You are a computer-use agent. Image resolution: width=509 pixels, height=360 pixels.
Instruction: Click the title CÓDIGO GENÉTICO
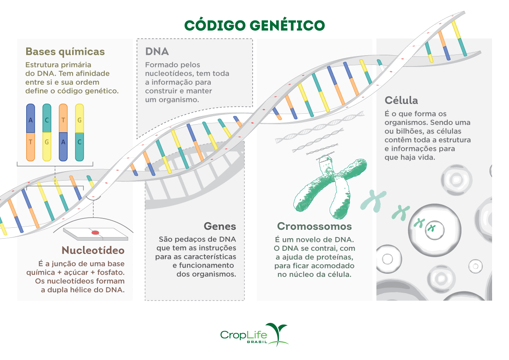pos(254,25)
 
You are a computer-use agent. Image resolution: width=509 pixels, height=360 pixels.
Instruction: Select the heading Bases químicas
pos(65,52)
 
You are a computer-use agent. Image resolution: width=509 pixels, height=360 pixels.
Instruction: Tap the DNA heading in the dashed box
pos(157,52)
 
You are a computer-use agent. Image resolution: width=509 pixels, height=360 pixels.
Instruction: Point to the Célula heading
pos(401,100)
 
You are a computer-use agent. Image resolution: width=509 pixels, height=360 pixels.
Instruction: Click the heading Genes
pos(220,226)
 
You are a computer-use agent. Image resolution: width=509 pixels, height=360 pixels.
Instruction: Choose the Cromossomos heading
pos(314,226)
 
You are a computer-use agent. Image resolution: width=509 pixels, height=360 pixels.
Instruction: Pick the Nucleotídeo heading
pos(93,250)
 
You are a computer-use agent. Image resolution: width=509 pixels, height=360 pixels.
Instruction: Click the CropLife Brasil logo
pos(254,335)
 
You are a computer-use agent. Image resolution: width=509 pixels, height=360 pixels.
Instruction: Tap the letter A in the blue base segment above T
pos(31,120)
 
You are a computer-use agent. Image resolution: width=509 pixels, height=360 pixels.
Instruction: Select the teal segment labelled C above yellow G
pos(47,120)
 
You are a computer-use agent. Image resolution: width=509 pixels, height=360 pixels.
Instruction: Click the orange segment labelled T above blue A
pos(63,120)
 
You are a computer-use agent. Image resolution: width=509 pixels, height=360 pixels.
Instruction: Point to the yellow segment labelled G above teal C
pos(79,120)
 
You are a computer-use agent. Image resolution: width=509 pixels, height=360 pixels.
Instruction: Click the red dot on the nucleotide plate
pos(95,233)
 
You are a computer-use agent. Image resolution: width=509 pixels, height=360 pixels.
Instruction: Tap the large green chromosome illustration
pos(330,185)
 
